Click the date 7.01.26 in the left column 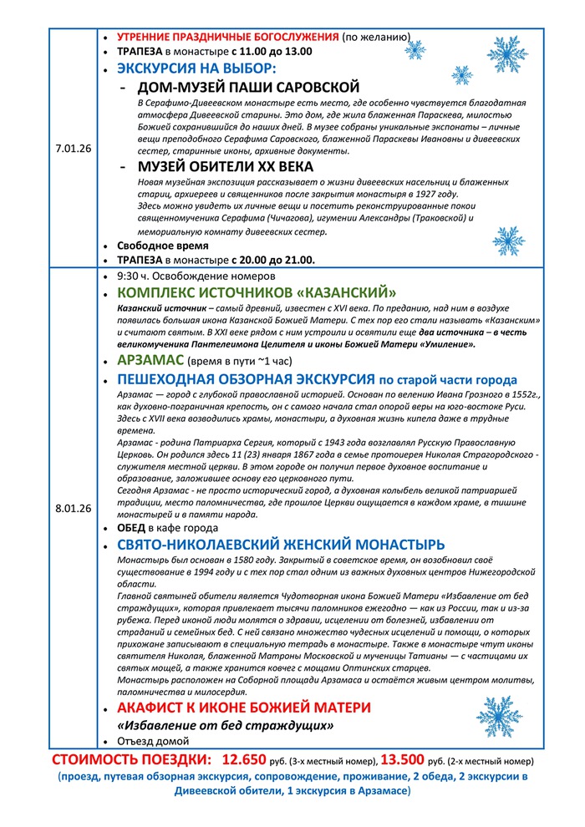(74, 148)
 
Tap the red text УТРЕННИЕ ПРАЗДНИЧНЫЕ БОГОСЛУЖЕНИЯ (227, 38)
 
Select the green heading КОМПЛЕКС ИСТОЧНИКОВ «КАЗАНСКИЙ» (257, 292)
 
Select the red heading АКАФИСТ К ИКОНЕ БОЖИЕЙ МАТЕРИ (244, 708)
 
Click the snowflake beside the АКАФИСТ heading (499, 717)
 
